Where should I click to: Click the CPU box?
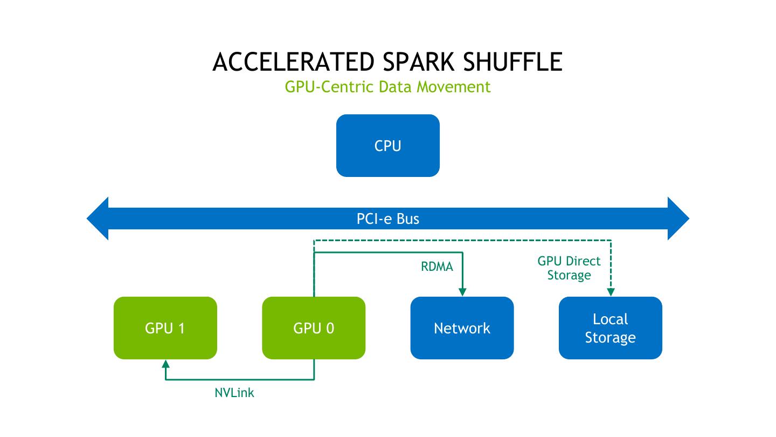click(x=387, y=146)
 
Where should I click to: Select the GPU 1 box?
click(x=165, y=328)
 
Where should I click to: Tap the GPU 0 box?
click(x=314, y=328)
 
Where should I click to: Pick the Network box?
click(x=462, y=328)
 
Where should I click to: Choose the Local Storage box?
click(x=610, y=328)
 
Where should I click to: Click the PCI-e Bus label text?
click(x=387, y=218)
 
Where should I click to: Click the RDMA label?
click(x=436, y=267)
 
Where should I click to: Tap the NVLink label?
click(x=234, y=393)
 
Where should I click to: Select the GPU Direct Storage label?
click(x=569, y=268)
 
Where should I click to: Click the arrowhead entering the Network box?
click(x=462, y=292)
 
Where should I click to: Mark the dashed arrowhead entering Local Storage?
click(x=611, y=292)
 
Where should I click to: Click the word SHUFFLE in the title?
click(x=512, y=62)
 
